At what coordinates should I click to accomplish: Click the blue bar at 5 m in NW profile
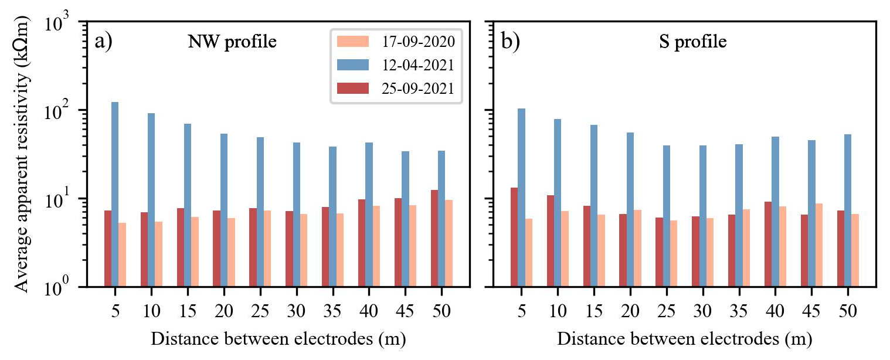pos(115,193)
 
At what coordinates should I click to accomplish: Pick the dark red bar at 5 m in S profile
pos(514,237)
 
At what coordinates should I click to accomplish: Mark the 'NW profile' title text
pos(232,43)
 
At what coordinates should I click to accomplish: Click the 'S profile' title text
pos(693,43)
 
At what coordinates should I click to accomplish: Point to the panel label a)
pos(103,43)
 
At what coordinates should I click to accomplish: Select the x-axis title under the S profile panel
pos(684,339)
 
